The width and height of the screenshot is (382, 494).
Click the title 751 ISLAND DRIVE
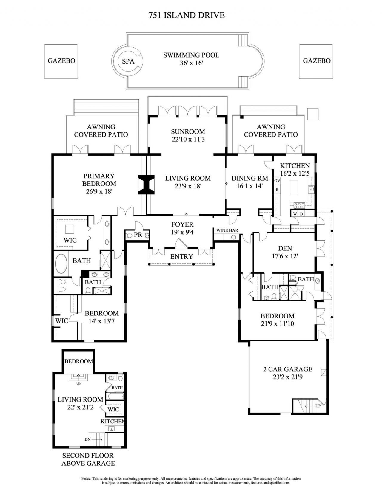187,15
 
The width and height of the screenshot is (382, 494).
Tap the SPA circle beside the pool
128,61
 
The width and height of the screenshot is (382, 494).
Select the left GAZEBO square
61,61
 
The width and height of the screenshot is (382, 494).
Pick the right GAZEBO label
316,61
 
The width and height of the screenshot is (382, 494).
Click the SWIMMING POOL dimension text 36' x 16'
191,63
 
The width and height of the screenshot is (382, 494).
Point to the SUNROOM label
188,131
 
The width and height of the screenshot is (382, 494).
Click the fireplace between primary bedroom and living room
146,185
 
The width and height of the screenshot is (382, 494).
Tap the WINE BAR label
227,230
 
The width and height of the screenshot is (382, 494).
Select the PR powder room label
138,235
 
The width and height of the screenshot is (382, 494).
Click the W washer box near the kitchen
295,214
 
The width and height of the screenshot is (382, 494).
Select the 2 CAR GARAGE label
287,369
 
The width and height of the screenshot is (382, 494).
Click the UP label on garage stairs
318,405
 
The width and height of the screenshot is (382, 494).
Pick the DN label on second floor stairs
87,439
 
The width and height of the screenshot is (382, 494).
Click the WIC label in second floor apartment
113,409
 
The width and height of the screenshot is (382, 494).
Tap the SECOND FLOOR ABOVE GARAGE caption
88,459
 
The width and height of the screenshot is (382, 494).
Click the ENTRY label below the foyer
181,257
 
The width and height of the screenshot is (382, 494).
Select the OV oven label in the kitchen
277,181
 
